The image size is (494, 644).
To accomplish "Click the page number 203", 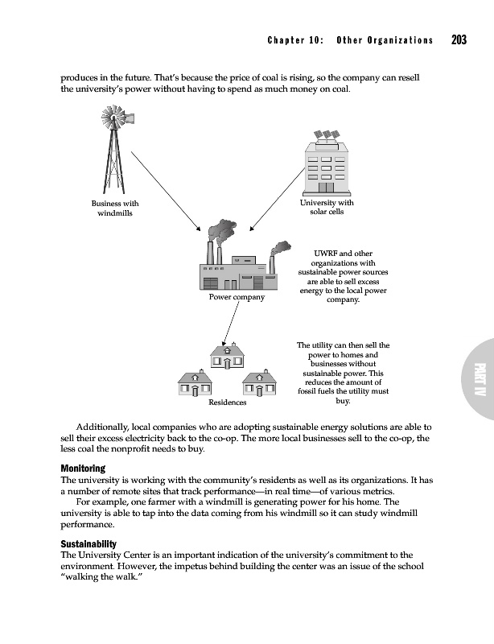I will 460,40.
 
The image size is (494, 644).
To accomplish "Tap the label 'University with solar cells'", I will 326,207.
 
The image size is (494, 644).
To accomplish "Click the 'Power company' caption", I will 237,297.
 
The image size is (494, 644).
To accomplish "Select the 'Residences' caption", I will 228,401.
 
